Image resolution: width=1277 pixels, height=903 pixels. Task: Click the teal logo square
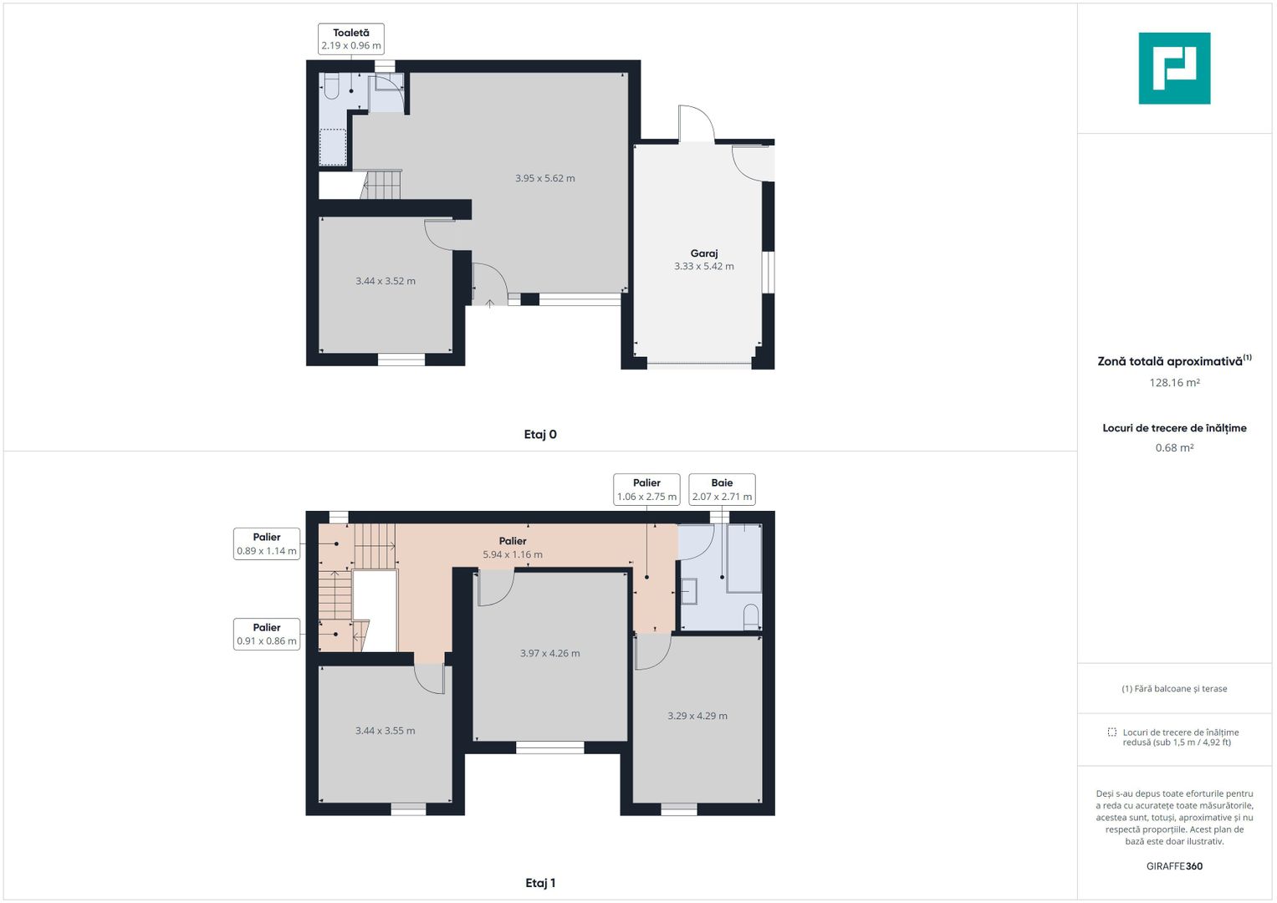tap(1174, 69)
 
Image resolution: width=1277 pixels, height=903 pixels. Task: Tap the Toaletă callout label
tap(351, 39)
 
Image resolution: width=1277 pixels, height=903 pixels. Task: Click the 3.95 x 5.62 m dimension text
tap(545, 178)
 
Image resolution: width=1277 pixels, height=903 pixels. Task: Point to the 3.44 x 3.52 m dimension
tap(386, 280)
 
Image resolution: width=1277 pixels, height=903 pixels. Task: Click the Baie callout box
tap(722, 490)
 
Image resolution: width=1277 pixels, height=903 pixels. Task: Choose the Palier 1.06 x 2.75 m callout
tap(646, 490)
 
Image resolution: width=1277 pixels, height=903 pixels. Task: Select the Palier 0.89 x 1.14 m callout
tap(267, 543)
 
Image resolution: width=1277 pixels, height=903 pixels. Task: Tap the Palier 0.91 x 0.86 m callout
tap(267, 634)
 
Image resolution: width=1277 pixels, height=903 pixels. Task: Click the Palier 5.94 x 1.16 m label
tap(513, 548)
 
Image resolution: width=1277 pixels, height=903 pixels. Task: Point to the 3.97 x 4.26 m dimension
tap(549, 653)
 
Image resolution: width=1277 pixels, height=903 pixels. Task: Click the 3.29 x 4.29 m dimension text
tap(697, 716)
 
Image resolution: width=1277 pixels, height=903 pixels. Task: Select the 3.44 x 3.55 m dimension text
tap(385, 730)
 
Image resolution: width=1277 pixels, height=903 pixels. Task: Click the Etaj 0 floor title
tap(540, 435)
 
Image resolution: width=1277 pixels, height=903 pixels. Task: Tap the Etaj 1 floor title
tap(540, 883)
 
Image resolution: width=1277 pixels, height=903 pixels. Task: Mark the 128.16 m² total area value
tap(1174, 383)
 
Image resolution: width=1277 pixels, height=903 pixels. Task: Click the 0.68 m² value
tap(1174, 447)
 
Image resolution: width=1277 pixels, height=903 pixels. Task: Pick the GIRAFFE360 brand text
tap(1174, 866)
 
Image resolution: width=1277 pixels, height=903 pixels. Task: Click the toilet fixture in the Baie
tap(751, 617)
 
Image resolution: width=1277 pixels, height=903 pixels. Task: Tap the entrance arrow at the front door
tap(490, 304)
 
